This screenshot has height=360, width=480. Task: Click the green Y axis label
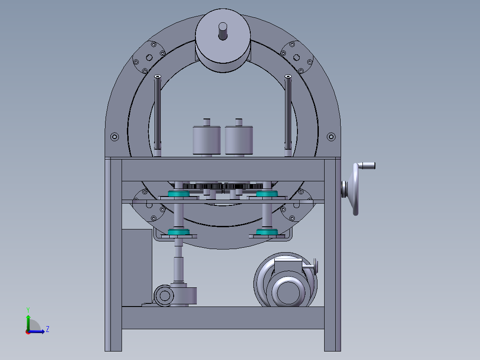[x=28, y=310]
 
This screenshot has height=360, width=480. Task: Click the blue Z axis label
[x=48, y=329]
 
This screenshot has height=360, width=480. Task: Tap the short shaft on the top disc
[x=223, y=31]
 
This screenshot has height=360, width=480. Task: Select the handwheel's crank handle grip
[x=366, y=166]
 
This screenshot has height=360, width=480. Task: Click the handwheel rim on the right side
[x=355, y=189]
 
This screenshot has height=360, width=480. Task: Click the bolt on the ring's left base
[x=114, y=137]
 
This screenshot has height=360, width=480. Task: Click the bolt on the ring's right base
[x=331, y=137]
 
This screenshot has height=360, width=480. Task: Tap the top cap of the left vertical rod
[x=158, y=76]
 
